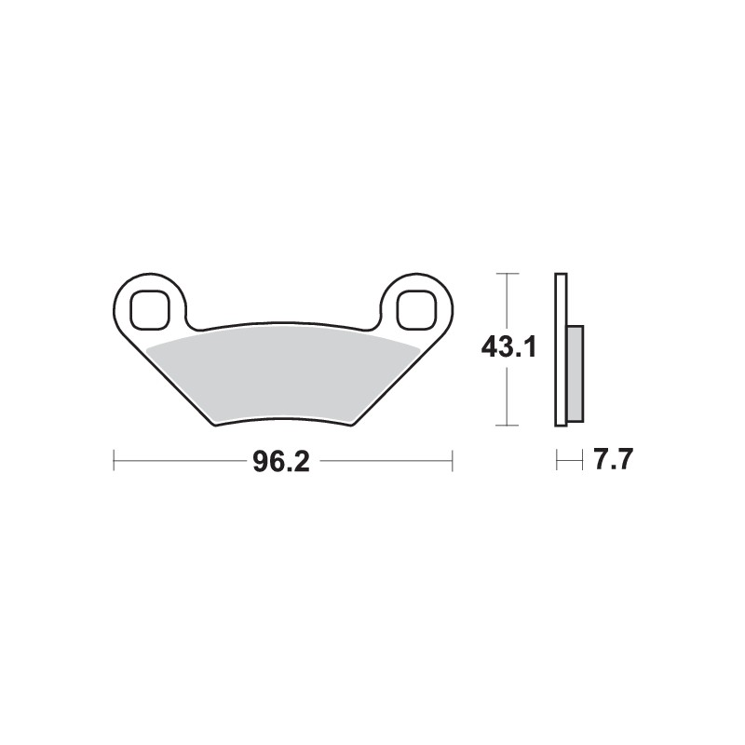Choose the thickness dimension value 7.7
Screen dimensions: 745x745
[610, 461]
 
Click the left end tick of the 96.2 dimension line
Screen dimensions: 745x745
[114, 461]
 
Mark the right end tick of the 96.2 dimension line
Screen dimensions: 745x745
[452, 461]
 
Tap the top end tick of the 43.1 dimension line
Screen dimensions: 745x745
[506, 273]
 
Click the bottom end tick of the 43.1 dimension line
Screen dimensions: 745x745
[506, 427]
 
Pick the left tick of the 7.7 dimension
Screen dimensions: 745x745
[556, 461]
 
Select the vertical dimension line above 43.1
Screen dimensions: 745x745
[506, 303]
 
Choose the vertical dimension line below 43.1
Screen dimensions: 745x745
[506, 396]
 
